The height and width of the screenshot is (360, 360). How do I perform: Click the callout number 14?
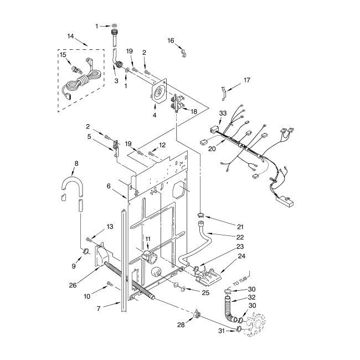(x=70, y=37)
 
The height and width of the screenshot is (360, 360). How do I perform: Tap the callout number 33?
(x=223, y=114)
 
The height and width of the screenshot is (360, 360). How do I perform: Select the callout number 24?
(x=241, y=256)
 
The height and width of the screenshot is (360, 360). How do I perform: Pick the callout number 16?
(x=171, y=40)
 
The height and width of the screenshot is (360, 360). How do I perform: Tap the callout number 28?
(x=181, y=325)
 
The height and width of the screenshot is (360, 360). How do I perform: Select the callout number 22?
(x=240, y=236)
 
